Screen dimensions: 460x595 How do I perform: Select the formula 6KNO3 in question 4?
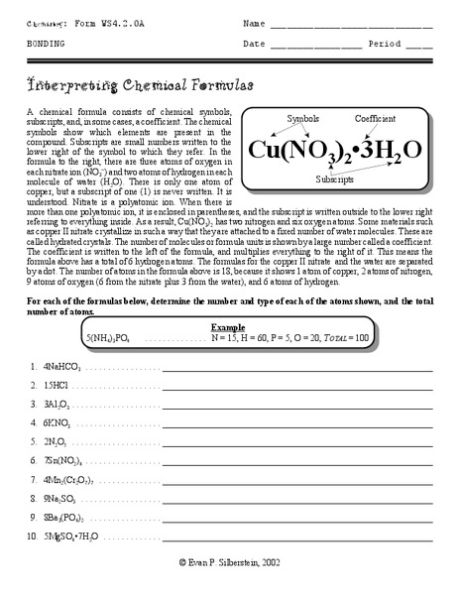click(58, 422)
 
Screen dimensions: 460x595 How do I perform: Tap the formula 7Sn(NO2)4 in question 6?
click(64, 459)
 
